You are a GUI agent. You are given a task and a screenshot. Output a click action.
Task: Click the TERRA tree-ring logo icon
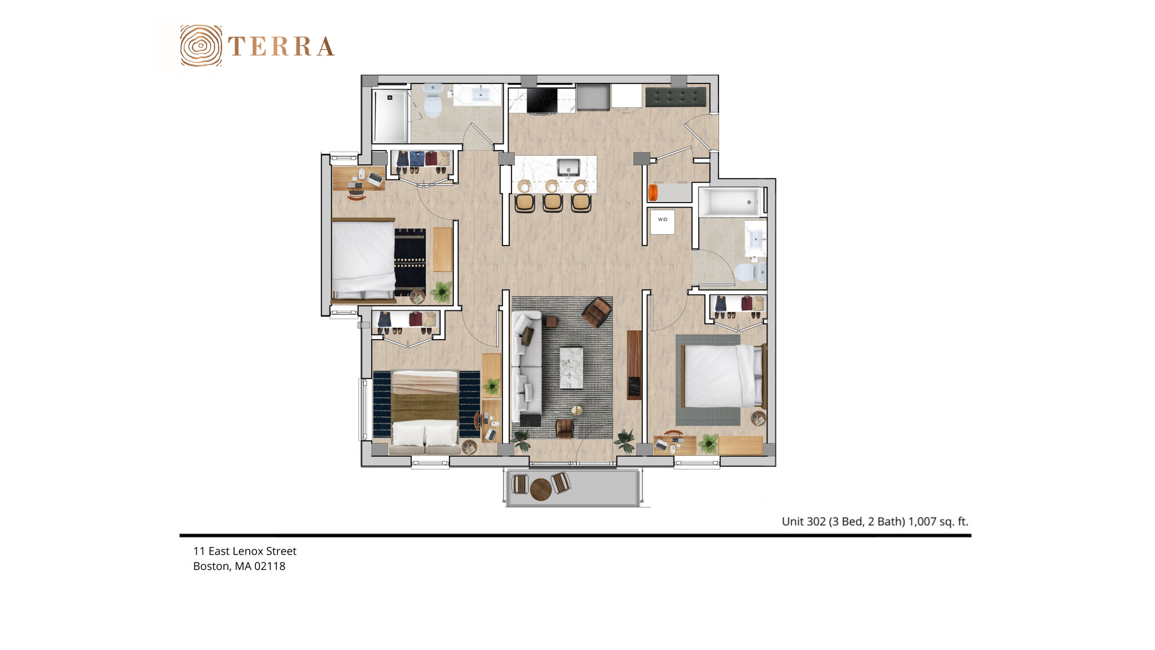coord(200,46)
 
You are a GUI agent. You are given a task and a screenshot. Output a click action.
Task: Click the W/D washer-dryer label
coord(662,220)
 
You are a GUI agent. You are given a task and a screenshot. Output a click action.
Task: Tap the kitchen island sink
coord(568,168)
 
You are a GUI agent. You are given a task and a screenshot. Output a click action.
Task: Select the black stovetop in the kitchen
coord(542,100)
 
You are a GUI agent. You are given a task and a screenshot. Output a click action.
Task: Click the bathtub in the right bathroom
coord(730,202)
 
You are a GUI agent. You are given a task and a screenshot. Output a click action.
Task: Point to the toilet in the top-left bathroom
coord(433,102)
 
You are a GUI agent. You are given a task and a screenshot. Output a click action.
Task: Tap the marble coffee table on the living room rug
coord(571,368)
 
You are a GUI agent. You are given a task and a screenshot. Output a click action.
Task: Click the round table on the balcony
coord(540,489)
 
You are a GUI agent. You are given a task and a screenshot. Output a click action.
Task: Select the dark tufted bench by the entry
coord(676,96)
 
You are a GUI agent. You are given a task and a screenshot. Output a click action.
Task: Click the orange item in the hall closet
coord(653,192)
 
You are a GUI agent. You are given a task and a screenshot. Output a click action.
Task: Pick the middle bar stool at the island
coord(553,201)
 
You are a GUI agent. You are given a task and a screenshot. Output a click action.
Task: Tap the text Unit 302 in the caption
coord(803,522)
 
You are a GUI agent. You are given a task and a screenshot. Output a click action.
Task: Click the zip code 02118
coord(270,566)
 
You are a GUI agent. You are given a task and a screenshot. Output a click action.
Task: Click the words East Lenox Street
coord(252,551)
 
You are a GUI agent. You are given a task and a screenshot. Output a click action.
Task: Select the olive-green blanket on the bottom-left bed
coord(425,406)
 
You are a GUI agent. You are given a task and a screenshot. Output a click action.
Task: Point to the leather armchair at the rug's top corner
coord(597,311)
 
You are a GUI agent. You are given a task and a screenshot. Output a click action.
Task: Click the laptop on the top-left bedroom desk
coord(375,179)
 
